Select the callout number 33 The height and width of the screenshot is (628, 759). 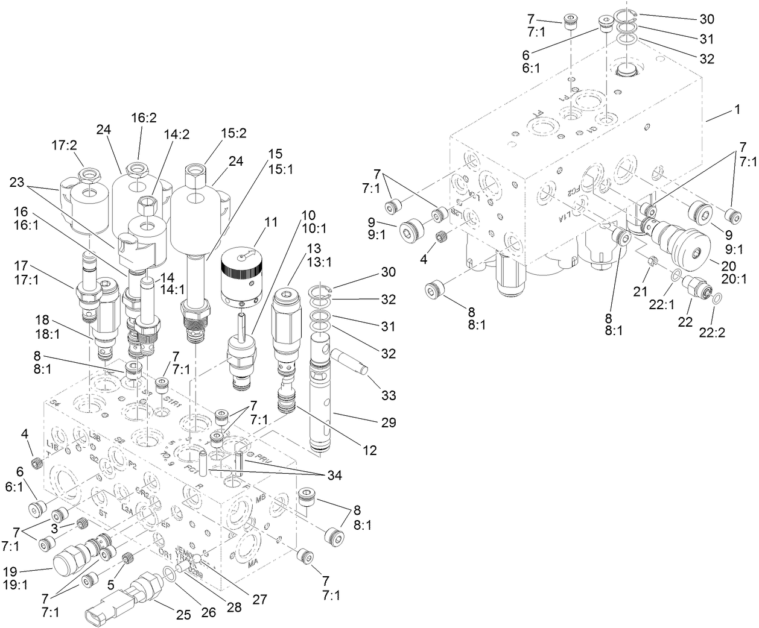coord(389,396)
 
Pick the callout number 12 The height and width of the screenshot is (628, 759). coord(369,449)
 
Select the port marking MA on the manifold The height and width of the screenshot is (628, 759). coord(255,565)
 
